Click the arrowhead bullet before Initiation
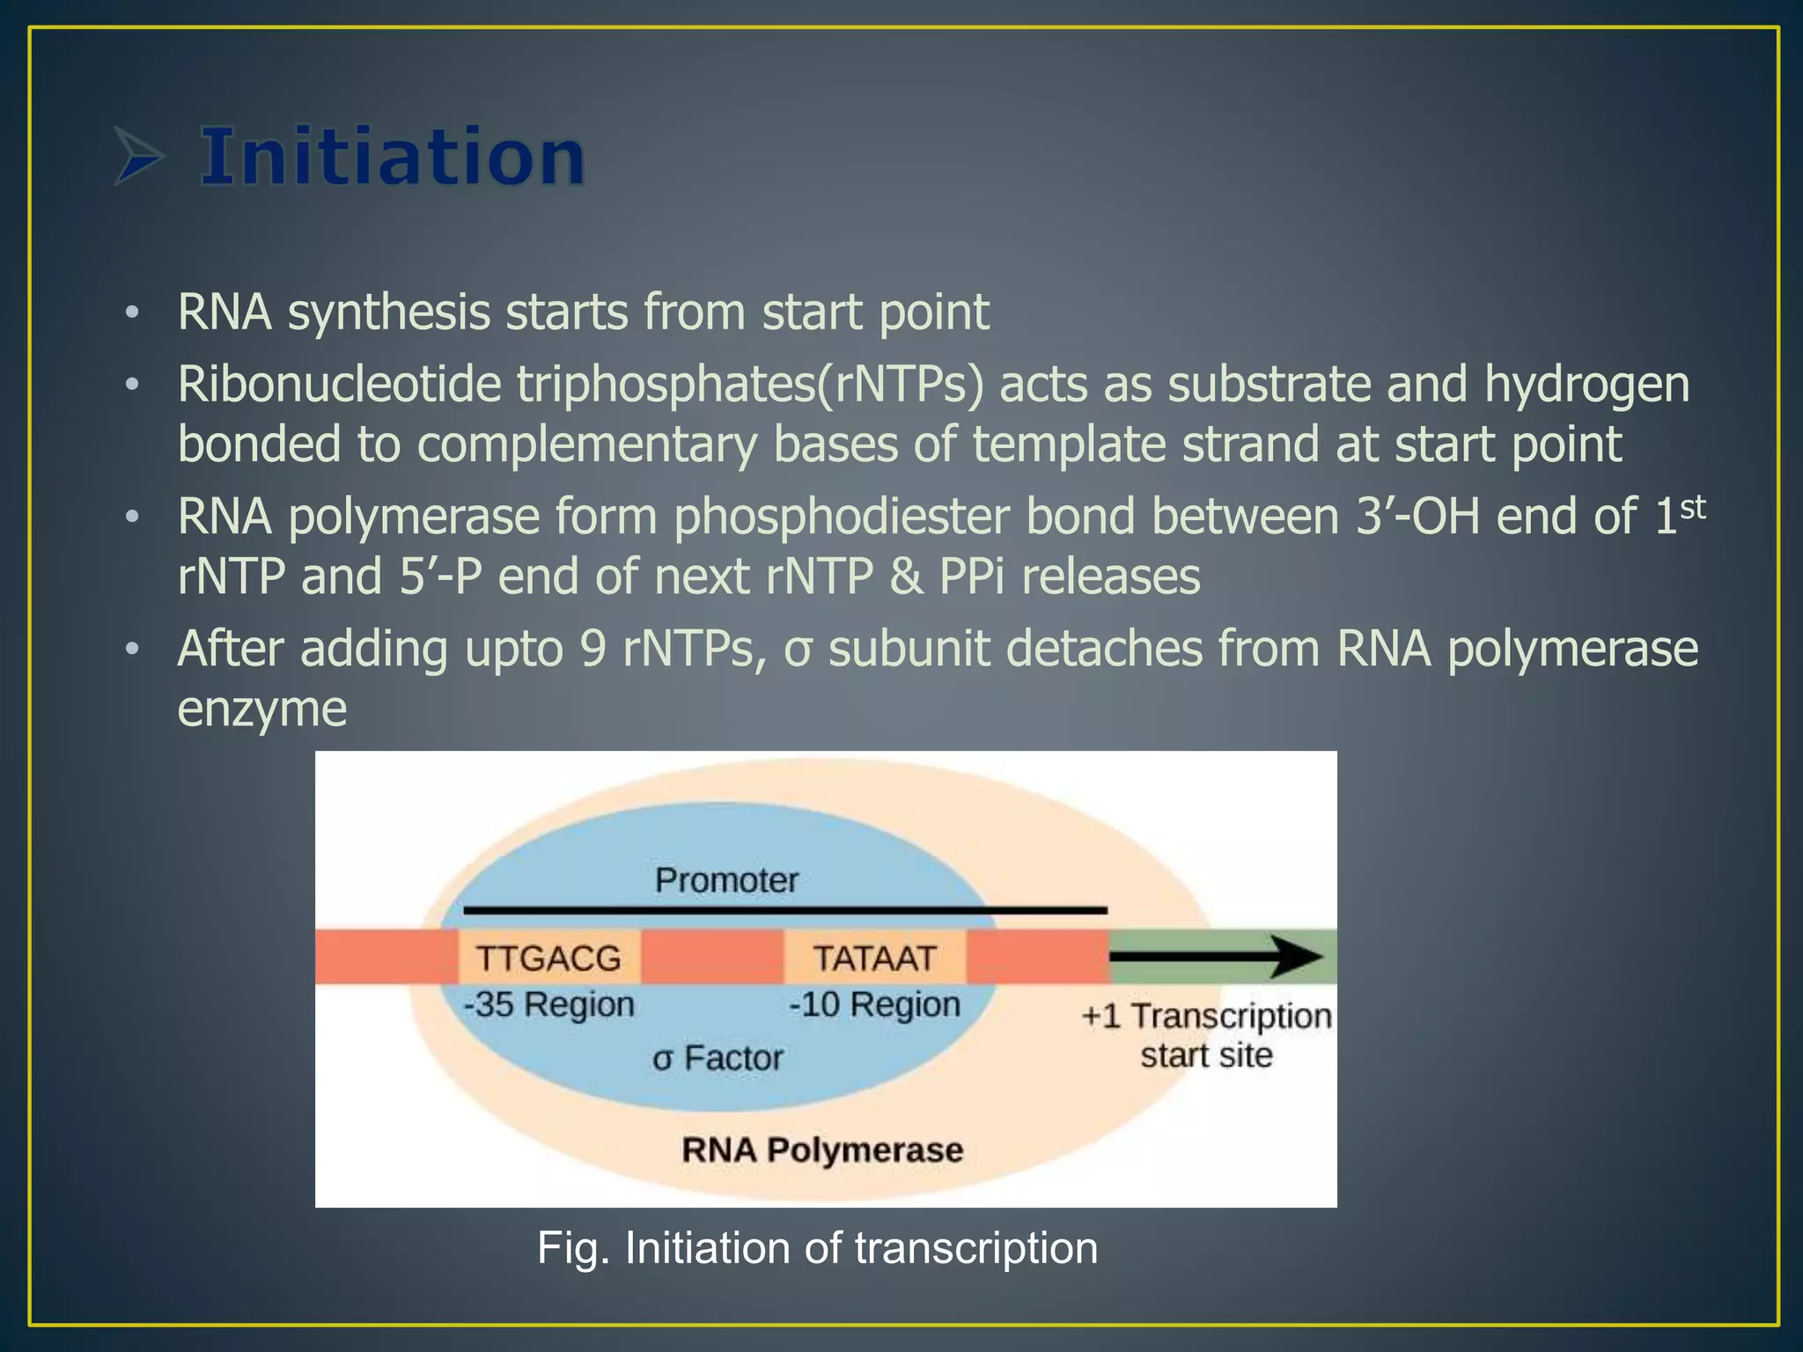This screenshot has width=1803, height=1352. pos(139,157)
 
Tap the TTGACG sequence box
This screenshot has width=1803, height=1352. pos(548,958)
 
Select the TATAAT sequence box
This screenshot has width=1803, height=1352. pos(874,958)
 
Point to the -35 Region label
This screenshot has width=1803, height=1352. pos(549,1004)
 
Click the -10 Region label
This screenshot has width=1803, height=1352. pos(874,1004)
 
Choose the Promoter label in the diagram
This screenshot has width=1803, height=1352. pos(726,880)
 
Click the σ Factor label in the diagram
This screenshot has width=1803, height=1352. pos(718,1058)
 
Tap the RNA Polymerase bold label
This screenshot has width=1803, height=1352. pos(822,1150)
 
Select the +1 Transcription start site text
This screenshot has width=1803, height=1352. pos(1206,1035)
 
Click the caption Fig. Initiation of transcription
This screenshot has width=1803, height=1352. pos(817,1248)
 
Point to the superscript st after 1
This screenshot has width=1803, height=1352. pos(1693,508)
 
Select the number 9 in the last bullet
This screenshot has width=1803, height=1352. pos(592,650)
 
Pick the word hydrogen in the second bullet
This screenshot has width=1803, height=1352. pos(1586,386)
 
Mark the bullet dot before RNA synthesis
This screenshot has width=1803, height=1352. pos(132,312)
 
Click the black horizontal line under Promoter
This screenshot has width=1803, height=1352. pos(784,910)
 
